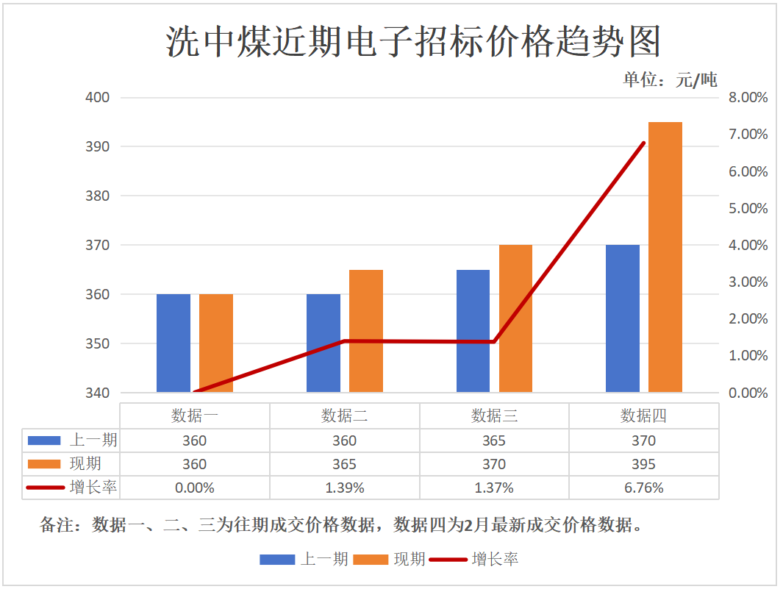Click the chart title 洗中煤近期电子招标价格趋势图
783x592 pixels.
413,41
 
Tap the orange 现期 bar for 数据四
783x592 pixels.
665,257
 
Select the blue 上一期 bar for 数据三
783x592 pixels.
473,331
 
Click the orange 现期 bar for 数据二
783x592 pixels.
365,331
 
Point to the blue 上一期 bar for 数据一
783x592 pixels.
174,343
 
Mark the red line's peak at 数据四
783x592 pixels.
644,143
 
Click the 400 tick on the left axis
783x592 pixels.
98,97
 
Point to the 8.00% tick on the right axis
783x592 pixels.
748,97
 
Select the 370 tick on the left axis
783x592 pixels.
98,245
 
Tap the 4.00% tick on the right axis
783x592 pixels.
748,245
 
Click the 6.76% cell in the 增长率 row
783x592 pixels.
644,488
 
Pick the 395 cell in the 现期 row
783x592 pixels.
644,464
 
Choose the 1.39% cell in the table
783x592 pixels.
344,488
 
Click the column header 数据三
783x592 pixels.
494,416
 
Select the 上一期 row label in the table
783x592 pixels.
93,441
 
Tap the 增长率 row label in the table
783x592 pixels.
93,488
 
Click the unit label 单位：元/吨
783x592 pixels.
670,79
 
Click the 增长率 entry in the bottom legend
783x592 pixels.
495,560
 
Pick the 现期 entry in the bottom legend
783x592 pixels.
410,560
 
